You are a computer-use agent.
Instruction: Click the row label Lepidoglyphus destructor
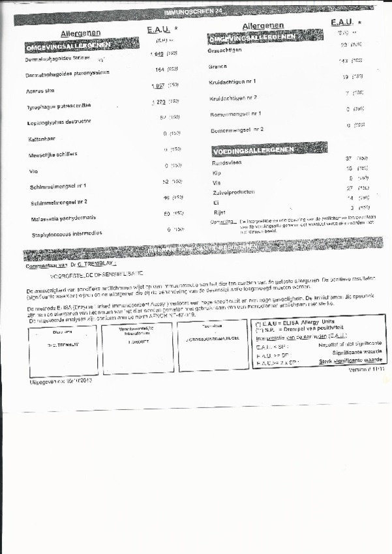(x=59, y=122)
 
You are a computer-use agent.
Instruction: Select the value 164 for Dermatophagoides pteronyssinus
(x=160, y=69)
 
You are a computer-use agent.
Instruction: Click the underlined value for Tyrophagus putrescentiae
(x=158, y=102)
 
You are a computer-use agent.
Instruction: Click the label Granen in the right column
(x=217, y=66)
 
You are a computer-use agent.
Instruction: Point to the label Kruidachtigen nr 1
(x=232, y=82)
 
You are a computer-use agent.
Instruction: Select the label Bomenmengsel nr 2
(x=237, y=130)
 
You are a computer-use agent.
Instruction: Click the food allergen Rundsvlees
(x=227, y=163)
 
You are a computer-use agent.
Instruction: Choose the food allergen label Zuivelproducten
(x=234, y=192)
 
